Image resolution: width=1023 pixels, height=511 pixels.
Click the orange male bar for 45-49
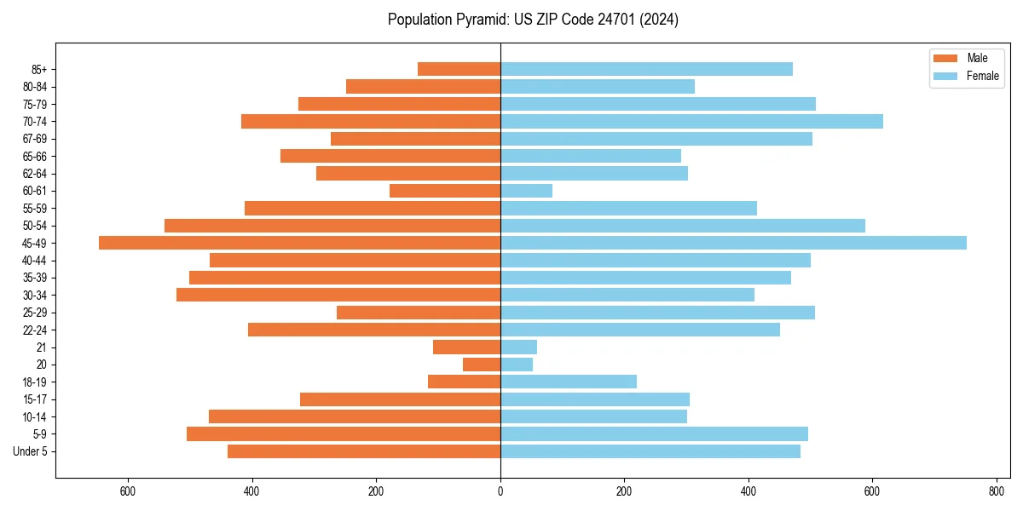pyautogui.click(x=299, y=243)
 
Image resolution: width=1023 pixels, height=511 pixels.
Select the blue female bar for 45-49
pyautogui.click(x=733, y=243)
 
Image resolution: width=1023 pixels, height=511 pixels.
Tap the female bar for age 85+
pyautogui.click(x=646, y=69)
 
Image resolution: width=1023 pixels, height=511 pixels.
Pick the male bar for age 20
pyautogui.click(x=482, y=365)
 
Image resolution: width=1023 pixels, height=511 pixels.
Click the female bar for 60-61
pyautogui.click(x=526, y=191)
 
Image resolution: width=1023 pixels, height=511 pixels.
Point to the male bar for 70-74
pyautogui.click(x=371, y=122)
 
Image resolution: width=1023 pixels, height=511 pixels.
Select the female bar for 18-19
pyautogui.click(x=569, y=382)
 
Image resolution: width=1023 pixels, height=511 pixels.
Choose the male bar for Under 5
pyautogui.click(x=364, y=451)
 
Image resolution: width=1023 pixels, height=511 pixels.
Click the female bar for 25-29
pyautogui.click(x=657, y=313)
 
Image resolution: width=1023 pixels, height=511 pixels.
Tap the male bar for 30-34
pyautogui.click(x=338, y=295)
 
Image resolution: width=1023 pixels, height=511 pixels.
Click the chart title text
pyautogui.click(x=533, y=20)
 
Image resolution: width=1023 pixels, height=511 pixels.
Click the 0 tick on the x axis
pyautogui.click(x=500, y=491)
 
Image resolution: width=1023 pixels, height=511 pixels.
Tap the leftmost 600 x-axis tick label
pyautogui.click(x=128, y=491)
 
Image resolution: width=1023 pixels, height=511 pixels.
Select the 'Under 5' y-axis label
pyautogui.click(x=30, y=451)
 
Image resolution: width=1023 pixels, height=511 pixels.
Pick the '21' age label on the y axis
pyautogui.click(x=42, y=347)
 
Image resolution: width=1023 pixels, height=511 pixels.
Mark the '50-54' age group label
pyautogui.click(x=35, y=226)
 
